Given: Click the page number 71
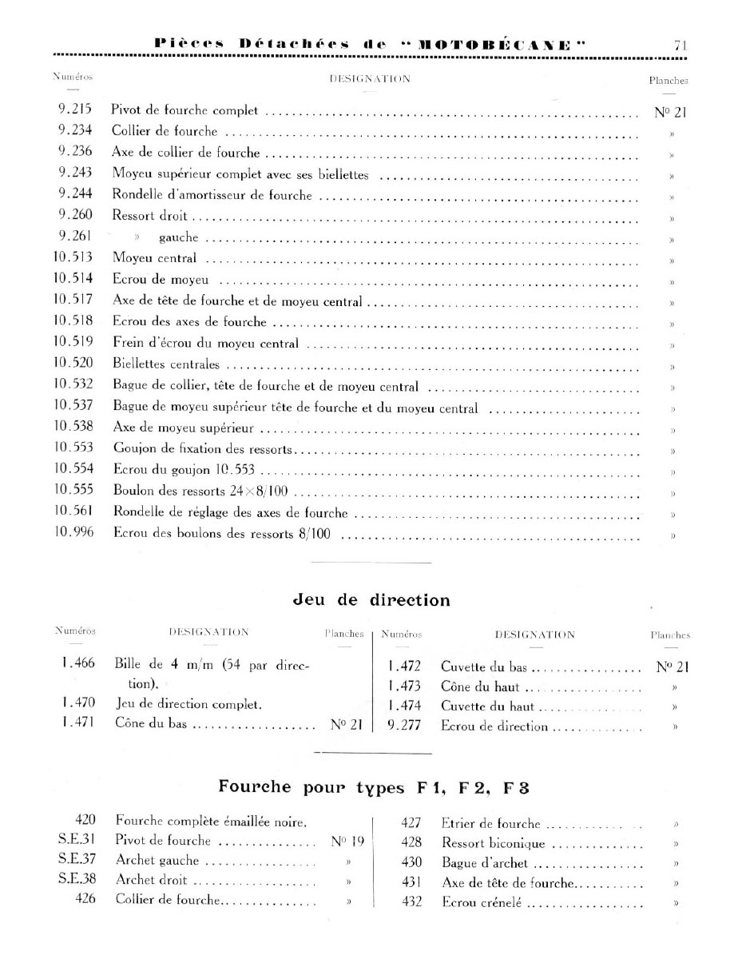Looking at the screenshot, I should pyautogui.click(x=680, y=46).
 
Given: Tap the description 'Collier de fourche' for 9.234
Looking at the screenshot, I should pyautogui.click(x=164, y=130).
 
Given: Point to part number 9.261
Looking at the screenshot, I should pyautogui.click(x=74, y=237).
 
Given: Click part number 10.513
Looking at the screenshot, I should pyautogui.click(x=73, y=257).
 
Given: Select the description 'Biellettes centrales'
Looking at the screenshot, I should pyautogui.click(x=166, y=365).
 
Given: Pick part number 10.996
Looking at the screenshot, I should pyautogui.click(x=73, y=532).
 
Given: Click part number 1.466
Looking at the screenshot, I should pyautogui.click(x=77, y=665).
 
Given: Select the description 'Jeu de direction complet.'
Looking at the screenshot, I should pyautogui.click(x=188, y=704).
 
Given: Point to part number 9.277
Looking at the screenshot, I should pyautogui.click(x=403, y=726).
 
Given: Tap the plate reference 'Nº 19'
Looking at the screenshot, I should pyautogui.click(x=347, y=840).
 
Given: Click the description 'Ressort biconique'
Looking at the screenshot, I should pyautogui.click(x=493, y=843).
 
